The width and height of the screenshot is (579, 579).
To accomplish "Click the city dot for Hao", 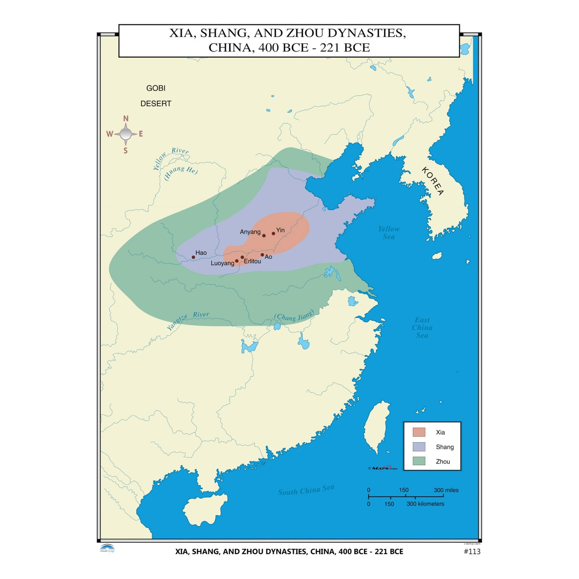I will coord(193,258).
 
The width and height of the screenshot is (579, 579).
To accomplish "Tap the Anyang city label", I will coord(250,232).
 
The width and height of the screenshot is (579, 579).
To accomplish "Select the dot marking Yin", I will coord(273,233).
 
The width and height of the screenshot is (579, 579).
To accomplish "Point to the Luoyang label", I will coord(222,263).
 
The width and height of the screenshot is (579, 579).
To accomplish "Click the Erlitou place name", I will coord(252,261).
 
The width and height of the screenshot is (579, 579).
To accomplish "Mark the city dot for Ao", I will coord(262,255).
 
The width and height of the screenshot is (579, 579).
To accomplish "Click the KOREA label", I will coord(433,181).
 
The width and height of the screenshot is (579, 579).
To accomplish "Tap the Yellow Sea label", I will coord(389,233).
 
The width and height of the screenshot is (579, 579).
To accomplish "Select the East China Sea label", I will coord(422,328).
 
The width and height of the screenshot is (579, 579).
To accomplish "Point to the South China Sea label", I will coord(306,490).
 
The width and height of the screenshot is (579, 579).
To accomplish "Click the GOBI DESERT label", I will coord(155,96).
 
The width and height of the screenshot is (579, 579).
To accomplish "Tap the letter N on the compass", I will coord(126,119).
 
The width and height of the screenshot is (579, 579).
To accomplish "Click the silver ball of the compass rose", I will coord(126,134).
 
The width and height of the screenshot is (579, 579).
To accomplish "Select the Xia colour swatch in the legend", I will coord(419,432).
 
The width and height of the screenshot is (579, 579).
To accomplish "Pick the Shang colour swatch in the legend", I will coord(419,447).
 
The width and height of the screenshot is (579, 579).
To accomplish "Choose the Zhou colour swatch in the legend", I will coord(419,461).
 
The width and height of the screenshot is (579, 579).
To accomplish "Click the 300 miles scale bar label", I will coord(446,490).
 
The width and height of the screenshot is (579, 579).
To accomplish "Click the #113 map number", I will coord(472,551).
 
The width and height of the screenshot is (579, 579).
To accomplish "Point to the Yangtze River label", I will coord(188,321).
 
